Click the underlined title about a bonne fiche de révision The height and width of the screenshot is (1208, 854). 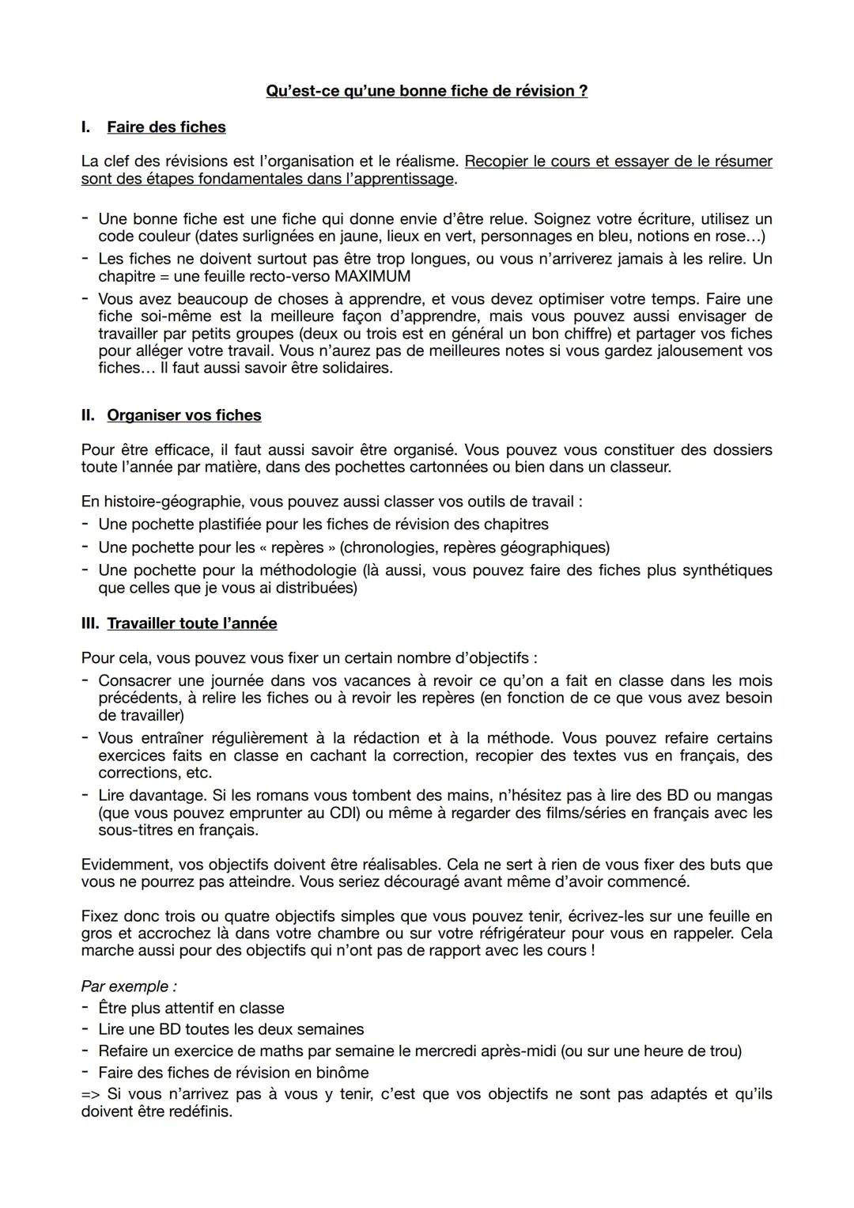pyautogui.click(x=426, y=91)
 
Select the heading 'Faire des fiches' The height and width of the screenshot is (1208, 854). pyautogui.click(x=166, y=127)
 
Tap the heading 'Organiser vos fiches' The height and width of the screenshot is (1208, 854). pyautogui.click(x=183, y=415)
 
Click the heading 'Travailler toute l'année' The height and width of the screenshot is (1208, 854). pyautogui.click(x=192, y=623)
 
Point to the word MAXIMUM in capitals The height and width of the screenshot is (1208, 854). pyautogui.click(x=372, y=276)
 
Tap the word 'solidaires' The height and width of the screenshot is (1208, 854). pyautogui.click(x=353, y=369)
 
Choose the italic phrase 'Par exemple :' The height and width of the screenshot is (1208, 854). pyautogui.click(x=128, y=986)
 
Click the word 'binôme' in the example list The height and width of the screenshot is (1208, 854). pyautogui.click(x=344, y=1073)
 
